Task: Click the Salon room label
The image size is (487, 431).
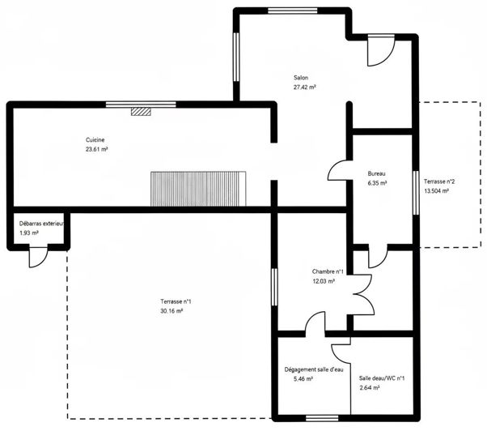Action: (x=301, y=78)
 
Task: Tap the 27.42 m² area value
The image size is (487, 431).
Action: (x=304, y=87)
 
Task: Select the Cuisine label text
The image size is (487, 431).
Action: (x=96, y=140)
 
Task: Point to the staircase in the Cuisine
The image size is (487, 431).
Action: (x=197, y=189)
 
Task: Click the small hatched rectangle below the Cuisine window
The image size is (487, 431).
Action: (x=142, y=113)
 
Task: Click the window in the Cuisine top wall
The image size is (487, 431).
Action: (x=141, y=104)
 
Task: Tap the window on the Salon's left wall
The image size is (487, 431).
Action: (x=236, y=58)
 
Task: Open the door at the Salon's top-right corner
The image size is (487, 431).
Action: (x=379, y=52)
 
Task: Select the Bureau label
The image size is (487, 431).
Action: (x=376, y=174)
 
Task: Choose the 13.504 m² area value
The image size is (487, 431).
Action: (x=438, y=191)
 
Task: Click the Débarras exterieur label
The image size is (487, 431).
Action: (x=40, y=224)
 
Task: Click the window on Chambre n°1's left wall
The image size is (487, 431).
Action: (x=273, y=287)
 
